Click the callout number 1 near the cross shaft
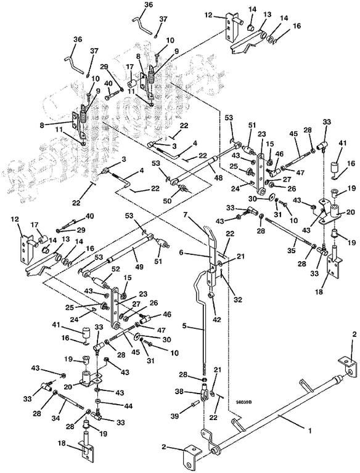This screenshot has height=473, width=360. (x=309, y=431)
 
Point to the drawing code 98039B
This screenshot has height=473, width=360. (x=244, y=402)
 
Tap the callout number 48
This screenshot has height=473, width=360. (x=218, y=178)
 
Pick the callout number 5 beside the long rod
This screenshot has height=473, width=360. (x=184, y=326)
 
